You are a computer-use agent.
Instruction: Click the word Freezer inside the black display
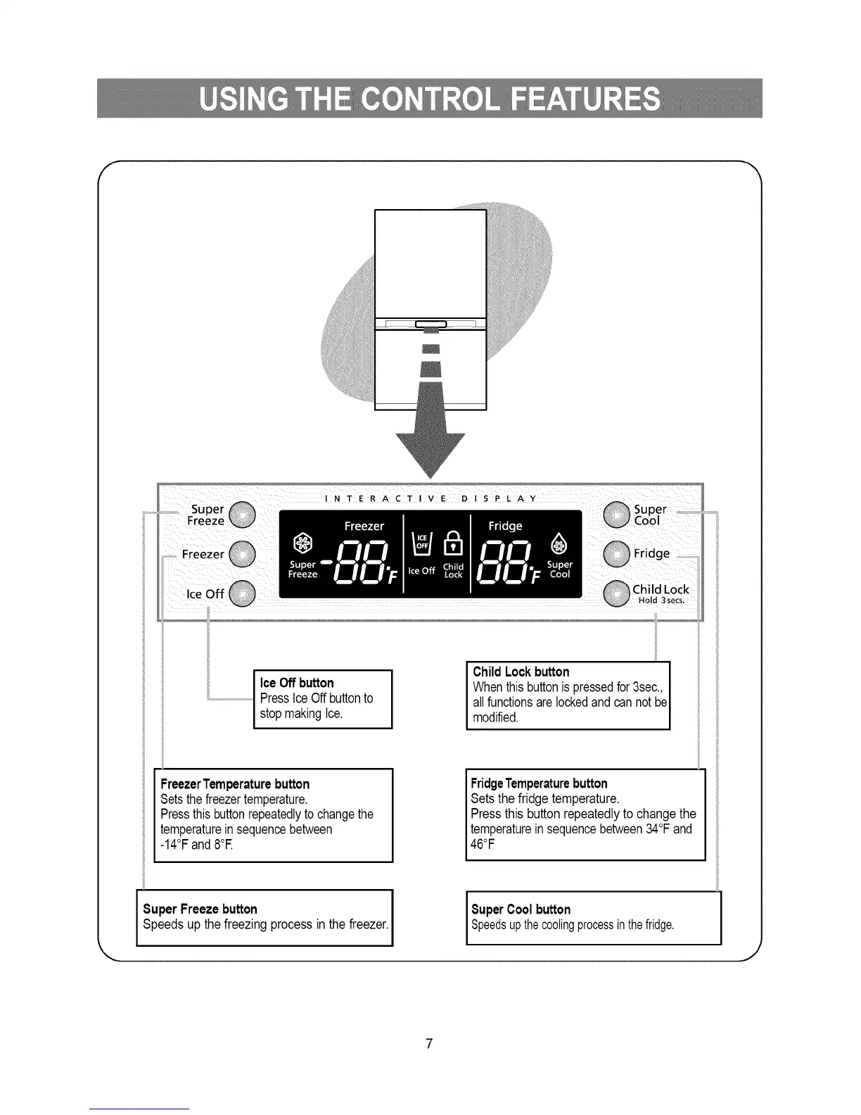(x=364, y=526)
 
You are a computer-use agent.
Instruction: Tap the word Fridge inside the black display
(x=505, y=526)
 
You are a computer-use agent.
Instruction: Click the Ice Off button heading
(x=297, y=683)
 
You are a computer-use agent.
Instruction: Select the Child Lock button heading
(x=521, y=672)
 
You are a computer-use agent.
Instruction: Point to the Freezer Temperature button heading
(x=235, y=784)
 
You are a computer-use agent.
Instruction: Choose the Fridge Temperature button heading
(x=539, y=783)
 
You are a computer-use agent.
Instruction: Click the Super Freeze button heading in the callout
(x=200, y=909)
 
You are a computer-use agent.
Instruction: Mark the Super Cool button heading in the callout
(x=521, y=909)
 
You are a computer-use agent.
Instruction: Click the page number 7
(x=429, y=1042)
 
